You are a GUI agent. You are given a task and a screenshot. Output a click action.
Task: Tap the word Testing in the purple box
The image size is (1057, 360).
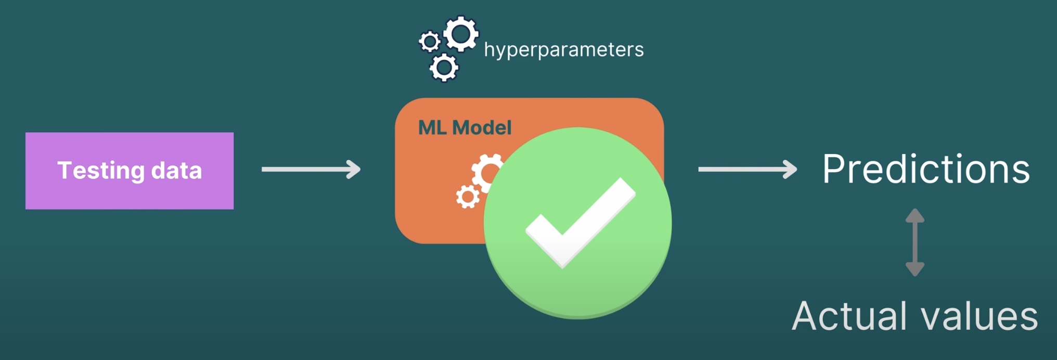coord(101,171)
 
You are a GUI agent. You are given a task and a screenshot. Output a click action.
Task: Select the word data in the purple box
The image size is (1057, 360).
coord(176,171)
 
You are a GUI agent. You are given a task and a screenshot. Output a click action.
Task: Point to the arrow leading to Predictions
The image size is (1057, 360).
coord(747,169)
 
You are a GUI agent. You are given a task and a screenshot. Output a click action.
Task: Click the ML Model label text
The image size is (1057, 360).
coord(465,128)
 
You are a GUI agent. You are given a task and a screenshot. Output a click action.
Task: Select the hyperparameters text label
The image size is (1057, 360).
coord(564,50)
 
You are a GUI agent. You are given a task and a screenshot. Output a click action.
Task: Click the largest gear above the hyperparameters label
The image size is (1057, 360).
coord(461,34)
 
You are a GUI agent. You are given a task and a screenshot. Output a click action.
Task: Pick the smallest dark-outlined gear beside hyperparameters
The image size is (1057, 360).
coord(430,42)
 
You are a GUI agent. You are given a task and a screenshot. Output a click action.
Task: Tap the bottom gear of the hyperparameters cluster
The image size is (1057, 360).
coord(444,67)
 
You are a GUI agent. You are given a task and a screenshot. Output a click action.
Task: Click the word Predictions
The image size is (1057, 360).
coord(926,169)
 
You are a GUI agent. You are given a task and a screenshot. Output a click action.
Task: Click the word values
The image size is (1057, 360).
coord(979,316)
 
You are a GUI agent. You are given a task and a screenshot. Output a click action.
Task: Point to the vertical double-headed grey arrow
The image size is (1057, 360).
coord(915,242)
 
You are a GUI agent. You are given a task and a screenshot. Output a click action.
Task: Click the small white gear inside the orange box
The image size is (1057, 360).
coord(468,197)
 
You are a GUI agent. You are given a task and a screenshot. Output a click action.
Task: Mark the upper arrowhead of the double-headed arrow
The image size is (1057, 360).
coord(915,215)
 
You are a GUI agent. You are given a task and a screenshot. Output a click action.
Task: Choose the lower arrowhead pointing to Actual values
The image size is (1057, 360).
coord(915,269)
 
